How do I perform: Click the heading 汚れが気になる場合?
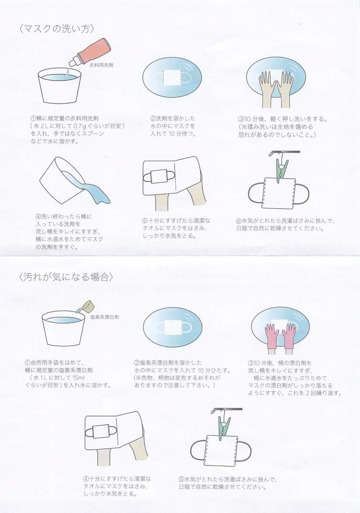(66, 277)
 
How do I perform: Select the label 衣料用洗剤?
(101, 65)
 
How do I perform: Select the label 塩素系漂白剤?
(105, 317)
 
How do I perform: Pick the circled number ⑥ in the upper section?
(239, 221)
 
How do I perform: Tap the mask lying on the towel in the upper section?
(159, 176)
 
